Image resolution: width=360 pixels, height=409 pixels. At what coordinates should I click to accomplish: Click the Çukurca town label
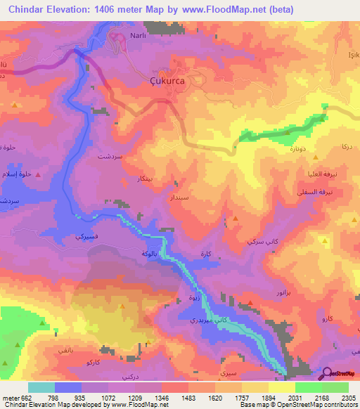click(x=169, y=81)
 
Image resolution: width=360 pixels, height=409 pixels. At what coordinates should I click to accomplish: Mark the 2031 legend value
click(x=295, y=397)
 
